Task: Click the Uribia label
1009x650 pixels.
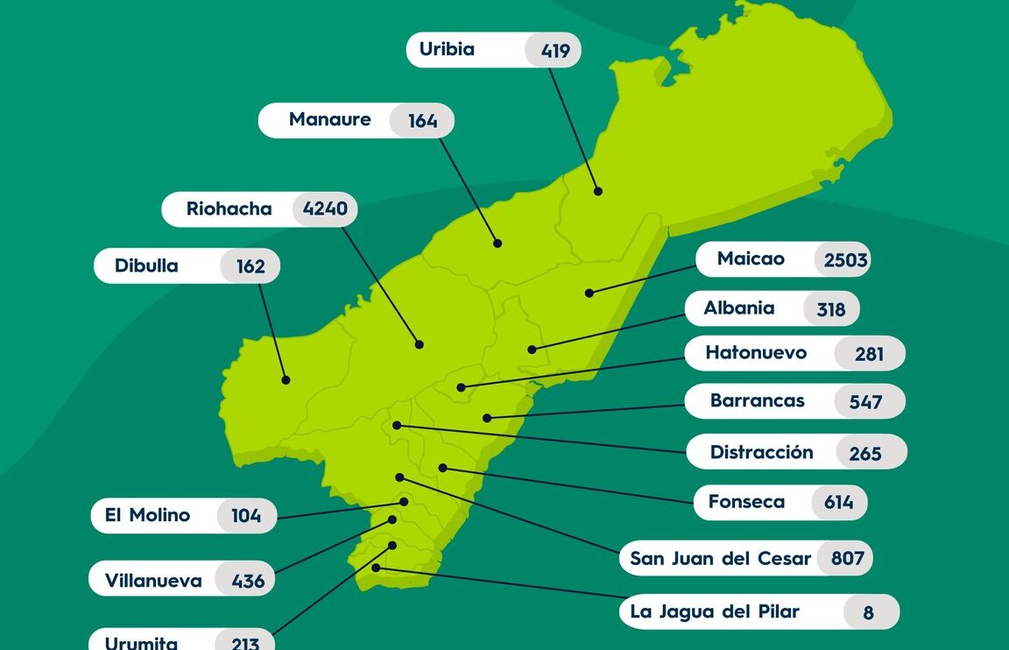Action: pyautogui.click(x=447, y=49)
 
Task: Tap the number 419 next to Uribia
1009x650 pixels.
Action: pyautogui.click(x=555, y=51)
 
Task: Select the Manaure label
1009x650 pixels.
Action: pyautogui.click(x=329, y=119)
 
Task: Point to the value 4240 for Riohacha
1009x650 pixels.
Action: pyautogui.click(x=325, y=209)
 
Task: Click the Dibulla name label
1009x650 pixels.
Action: pyautogui.click(x=146, y=265)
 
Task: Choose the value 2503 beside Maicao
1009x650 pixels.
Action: pyautogui.click(x=844, y=259)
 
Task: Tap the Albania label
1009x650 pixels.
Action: pyautogui.click(x=739, y=308)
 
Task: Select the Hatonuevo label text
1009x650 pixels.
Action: pyautogui.click(x=756, y=353)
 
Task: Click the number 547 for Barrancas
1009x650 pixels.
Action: pyautogui.click(x=864, y=402)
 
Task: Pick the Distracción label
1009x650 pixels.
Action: pyautogui.click(x=761, y=452)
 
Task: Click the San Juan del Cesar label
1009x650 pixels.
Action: pyautogui.click(x=720, y=558)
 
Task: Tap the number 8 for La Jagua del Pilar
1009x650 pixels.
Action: pyautogui.click(x=868, y=612)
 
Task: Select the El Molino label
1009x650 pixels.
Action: pyautogui.click(x=147, y=515)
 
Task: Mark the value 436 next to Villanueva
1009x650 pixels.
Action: pyautogui.click(x=248, y=580)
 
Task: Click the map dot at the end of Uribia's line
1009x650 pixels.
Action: pyautogui.click(x=598, y=191)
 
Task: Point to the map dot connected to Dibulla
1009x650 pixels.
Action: pyautogui.click(x=286, y=379)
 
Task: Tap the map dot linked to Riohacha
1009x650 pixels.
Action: pyautogui.click(x=420, y=344)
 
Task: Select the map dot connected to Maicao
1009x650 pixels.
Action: pyautogui.click(x=589, y=293)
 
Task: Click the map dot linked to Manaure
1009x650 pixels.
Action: pyautogui.click(x=497, y=244)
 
